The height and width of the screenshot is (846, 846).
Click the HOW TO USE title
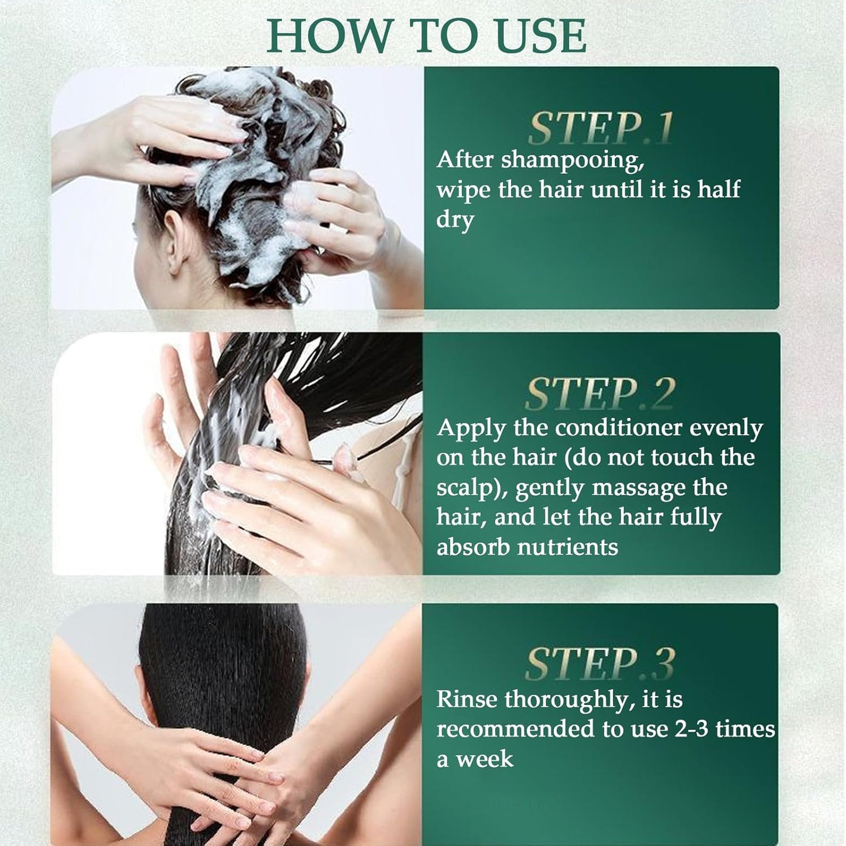point(426,36)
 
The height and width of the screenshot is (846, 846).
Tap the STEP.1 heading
point(600,128)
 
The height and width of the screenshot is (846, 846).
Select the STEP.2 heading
point(600,394)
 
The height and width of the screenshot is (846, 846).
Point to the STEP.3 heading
point(600,664)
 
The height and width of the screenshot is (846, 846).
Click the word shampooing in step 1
point(572,160)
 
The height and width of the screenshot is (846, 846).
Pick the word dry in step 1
point(454,220)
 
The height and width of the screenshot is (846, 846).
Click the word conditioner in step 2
point(618,428)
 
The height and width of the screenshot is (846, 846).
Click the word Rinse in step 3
point(467,699)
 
